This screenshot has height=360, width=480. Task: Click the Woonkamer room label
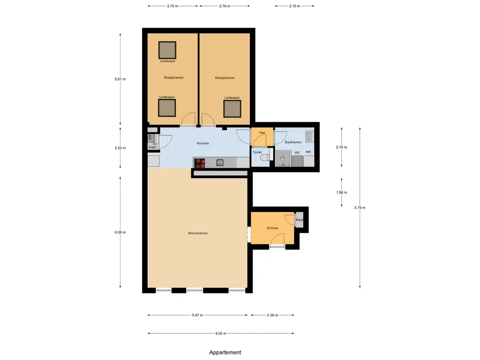(x=197, y=233)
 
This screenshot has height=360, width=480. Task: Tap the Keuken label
(x=202, y=143)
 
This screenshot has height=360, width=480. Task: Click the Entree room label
(x=272, y=228)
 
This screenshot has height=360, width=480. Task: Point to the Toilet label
(x=257, y=152)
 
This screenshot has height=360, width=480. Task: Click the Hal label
(x=262, y=133)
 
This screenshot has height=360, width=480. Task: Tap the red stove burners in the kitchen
(x=200, y=163)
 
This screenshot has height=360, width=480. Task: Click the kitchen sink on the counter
(x=219, y=163)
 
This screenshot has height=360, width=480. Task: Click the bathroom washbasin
(x=309, y=136)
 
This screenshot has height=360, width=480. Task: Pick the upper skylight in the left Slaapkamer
(x=167, y=49)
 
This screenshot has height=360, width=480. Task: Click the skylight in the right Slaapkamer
(x=232, y=108)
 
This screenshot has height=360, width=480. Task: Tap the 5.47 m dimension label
(x=197, y=315)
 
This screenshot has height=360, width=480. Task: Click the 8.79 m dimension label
(x=360, y=208)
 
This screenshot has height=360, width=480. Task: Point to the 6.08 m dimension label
(x=120, y=232)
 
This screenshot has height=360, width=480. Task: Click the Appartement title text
(x=225, y=352)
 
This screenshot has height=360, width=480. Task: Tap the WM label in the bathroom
(x=308, y=152)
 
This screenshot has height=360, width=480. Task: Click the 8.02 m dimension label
(x=221, y=334)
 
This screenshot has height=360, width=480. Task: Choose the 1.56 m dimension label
(x=342, y=193)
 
